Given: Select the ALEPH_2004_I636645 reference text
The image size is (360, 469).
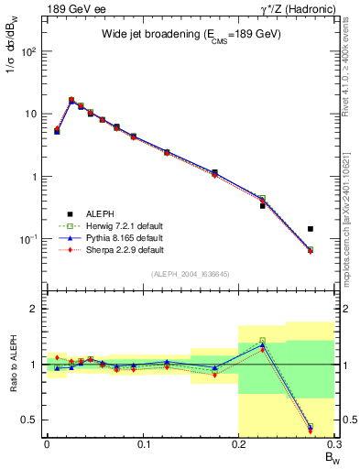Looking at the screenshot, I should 191,274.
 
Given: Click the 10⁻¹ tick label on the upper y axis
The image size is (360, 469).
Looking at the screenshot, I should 30,239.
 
